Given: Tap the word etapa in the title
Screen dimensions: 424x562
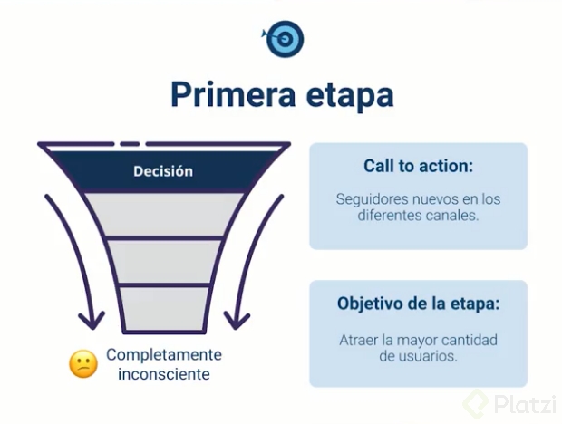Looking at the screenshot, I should pyautogui.click(x=348, y=97).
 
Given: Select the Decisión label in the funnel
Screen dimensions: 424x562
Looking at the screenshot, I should pyautogui.click(x=163, y=170).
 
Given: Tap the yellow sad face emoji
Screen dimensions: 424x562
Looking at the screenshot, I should pyautogui.click(x=83, y=364).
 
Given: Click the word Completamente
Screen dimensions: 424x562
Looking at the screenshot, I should pyautogui.click(x=164, y=354).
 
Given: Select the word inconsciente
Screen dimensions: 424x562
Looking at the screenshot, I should pyautogui.click(x=164, y=373).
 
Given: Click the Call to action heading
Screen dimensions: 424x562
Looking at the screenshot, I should pyautogui.click(x=418, y=167).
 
